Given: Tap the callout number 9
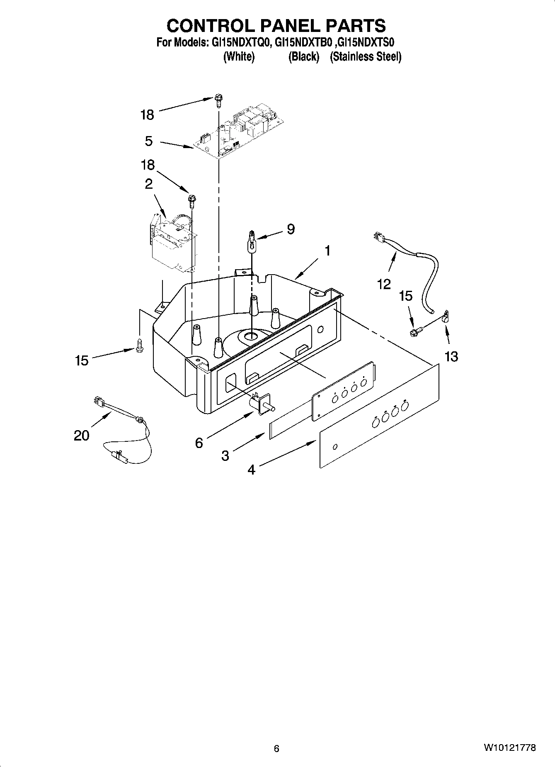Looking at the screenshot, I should [291, 229].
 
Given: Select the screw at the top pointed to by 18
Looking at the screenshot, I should [218, 100].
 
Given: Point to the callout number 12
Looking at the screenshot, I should [384, 284].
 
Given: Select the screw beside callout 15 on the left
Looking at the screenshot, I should [139, 345].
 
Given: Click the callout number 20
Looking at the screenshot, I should [81, 436].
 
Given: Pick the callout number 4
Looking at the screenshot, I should [251, 470].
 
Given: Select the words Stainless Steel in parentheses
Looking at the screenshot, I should [366, 57].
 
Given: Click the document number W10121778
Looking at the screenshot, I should [509, 748].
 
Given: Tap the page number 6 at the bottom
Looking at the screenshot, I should [276, 748].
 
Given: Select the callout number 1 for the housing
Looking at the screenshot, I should [327, 251].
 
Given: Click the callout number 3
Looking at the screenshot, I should [225, 456].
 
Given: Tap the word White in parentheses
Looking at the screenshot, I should [238, 57].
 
